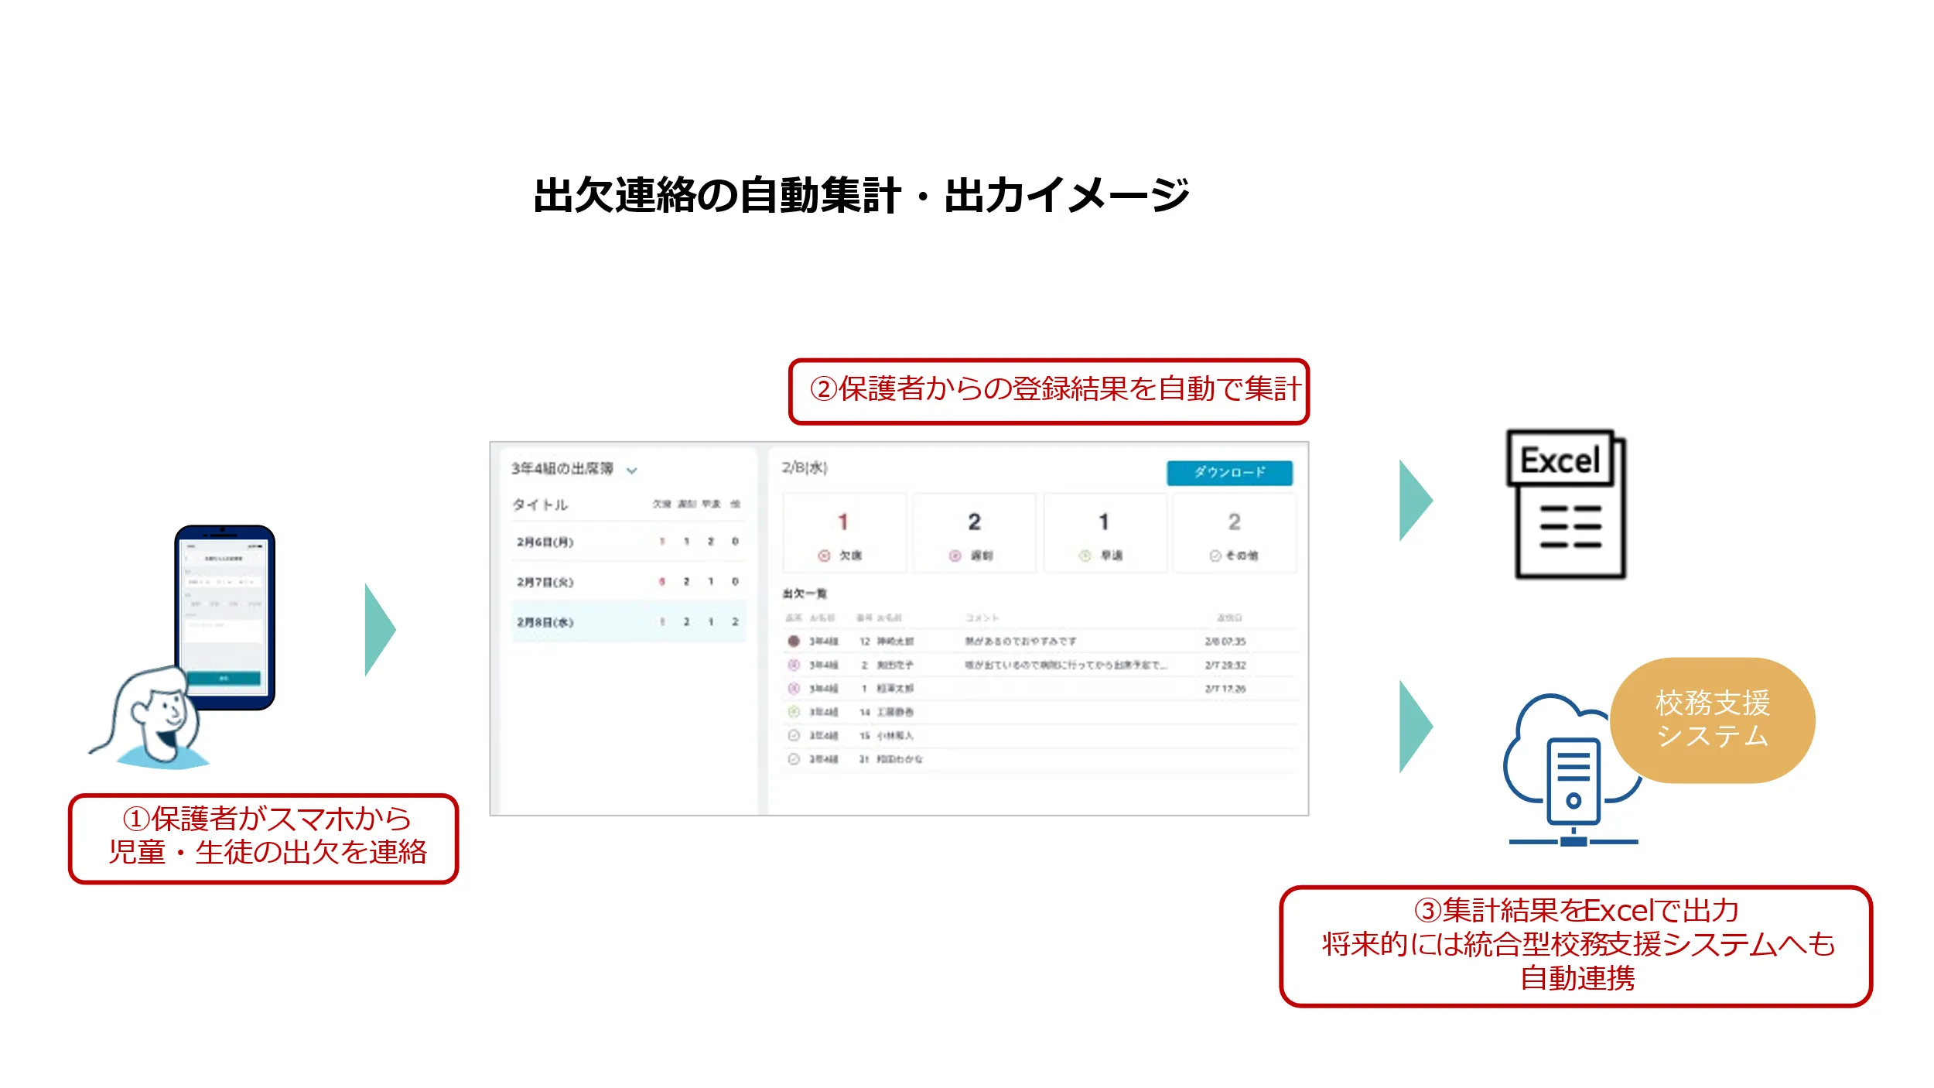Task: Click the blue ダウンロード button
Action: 1228,472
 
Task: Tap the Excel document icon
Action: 1567,504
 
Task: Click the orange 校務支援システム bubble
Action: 1712,720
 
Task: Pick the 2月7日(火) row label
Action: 545,582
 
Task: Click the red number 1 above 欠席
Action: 842,522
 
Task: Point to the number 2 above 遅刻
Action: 974,522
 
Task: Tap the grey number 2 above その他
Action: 1234,522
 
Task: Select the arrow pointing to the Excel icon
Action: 1415,501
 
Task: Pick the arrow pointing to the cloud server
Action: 1415,726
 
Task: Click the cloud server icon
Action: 1570,774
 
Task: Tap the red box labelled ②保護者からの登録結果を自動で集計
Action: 1048,391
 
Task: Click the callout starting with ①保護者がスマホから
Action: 264,839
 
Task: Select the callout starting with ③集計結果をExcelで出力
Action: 1576,946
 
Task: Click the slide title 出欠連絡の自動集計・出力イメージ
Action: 861,195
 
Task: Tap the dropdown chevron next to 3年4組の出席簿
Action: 631,470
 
